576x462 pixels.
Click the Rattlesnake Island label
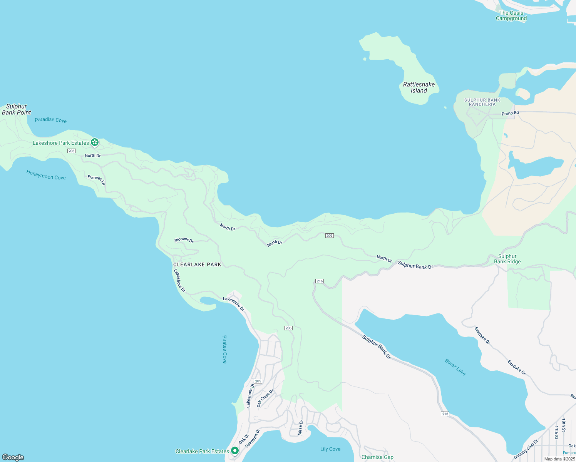click(419, 87)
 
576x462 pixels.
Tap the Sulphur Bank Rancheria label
click(482, 102)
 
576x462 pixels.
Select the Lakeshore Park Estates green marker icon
click(95, 143)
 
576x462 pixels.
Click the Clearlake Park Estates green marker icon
click(234, 451)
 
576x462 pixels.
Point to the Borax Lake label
click(455, 367)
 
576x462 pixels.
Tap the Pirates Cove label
click(224, 349)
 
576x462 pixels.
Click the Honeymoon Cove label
click(46, 175)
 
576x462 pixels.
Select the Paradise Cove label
click(50, 120)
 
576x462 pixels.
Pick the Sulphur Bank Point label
click(16, 109)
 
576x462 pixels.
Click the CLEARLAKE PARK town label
click(197, 264)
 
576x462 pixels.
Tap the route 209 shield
click(329, 236)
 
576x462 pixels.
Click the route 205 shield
click(258, 381)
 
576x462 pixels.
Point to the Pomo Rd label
click(510, 113)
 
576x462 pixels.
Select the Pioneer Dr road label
click(184, 240)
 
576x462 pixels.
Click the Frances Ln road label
click(96, 179)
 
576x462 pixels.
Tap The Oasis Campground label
click(511, 15)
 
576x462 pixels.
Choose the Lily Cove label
click(330, 449)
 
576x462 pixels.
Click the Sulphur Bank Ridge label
click(507, 259)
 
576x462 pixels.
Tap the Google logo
click(13, 457)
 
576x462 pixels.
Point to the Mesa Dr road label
click(300, 427)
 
